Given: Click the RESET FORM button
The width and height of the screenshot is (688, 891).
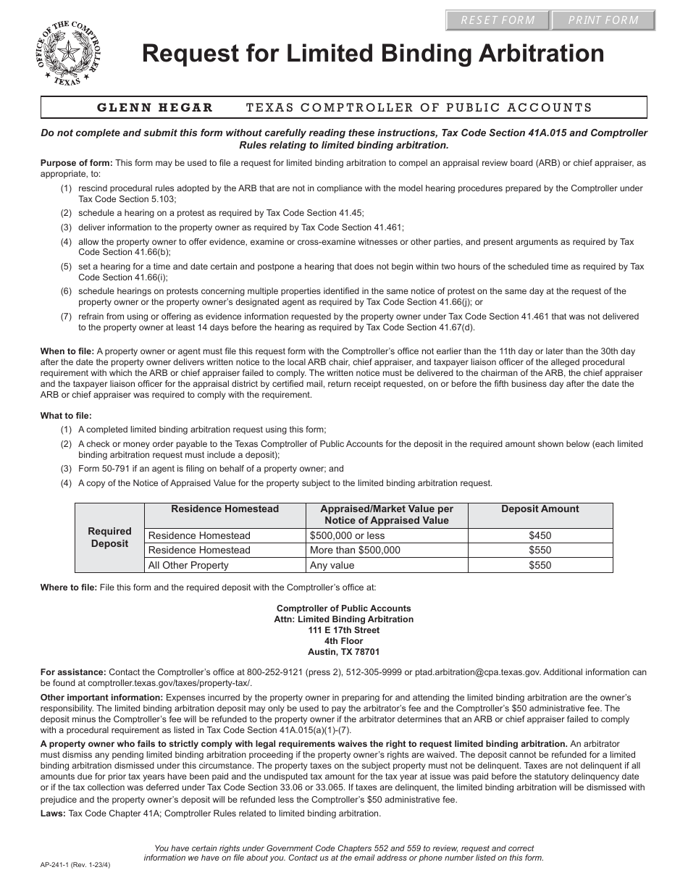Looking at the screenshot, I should tap(498, 20).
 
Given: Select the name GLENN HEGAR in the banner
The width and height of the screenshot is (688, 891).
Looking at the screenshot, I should tap(156, 108).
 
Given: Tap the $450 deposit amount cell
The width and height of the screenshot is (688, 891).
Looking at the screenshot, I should tap(540, 535).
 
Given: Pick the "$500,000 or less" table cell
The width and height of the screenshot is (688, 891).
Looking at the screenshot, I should tap(347, 535).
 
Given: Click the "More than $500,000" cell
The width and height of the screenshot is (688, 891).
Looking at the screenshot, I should tap(354, 550).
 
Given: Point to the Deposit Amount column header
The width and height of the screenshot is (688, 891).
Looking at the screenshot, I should tap(540, 509).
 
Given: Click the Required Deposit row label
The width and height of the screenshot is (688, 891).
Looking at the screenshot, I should tap(110, 537).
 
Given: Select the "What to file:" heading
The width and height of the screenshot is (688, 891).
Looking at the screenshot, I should tap(66, 416).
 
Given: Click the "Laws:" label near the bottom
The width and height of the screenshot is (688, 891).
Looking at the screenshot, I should tap(53, 813).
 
